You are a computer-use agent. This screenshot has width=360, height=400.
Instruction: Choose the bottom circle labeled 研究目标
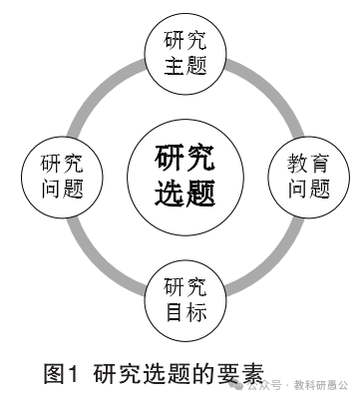[185, 297]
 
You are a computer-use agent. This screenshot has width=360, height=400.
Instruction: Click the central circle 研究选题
[185, 174]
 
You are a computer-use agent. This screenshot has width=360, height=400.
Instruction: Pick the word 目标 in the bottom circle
[185, 312]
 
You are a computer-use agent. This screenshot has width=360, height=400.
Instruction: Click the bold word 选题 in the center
[185, 191]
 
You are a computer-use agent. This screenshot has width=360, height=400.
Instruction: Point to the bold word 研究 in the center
[185, 158]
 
